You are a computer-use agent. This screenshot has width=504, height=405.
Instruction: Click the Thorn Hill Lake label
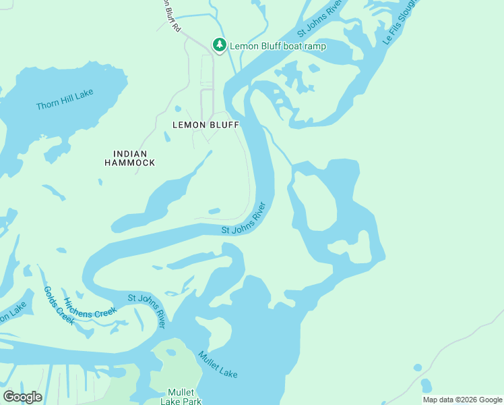pyautogui.click(x=65, y=100)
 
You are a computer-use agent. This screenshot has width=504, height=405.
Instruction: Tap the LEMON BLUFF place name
pyautogui.click(x=206, y=125)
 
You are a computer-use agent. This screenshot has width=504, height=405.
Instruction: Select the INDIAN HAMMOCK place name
pyautogui.click(x=130, y=159)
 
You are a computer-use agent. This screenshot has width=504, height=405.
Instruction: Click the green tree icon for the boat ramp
pyautogui.click(x=219, y=45)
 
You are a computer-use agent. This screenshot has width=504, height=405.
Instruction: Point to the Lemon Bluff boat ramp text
pyautogui.click(x=278, y=46)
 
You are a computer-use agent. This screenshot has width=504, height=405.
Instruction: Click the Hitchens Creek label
pyautogui.click(x=90, y=308)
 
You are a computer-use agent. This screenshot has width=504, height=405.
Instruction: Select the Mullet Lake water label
pyautogui.click(x=218, y=364)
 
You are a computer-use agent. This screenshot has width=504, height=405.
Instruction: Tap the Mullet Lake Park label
pyautogui.click(x=181, y=397)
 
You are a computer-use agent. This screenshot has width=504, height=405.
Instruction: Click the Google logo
pyautogui.click(x=22, y=397)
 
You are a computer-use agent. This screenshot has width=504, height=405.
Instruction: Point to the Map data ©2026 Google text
pyautogui.click(x=462, y=400)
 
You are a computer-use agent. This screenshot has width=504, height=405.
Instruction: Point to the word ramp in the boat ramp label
pyautogui.click(x=315, y=46)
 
